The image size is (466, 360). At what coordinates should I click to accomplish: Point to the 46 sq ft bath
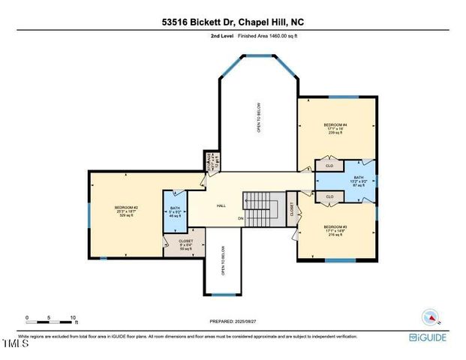175,212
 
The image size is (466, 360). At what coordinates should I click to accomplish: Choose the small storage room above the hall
210,160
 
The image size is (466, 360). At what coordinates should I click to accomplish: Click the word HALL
221,205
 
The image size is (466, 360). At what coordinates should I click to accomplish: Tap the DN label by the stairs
261,219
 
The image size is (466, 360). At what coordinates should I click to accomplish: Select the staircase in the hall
263,206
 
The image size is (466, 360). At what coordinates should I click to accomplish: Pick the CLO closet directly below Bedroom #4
329,164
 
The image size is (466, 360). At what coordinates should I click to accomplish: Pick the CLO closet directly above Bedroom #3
329,196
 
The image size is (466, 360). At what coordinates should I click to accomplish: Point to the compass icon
431,316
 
